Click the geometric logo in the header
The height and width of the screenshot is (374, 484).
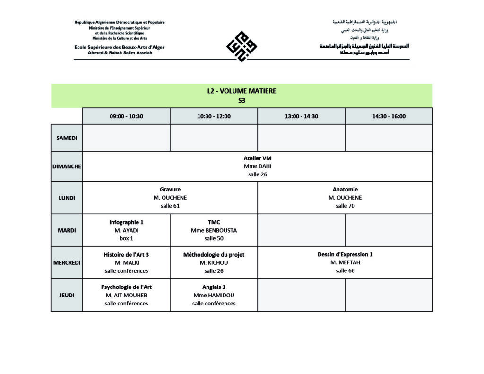[x=242, y=46]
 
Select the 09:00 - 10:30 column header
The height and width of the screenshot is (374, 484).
[x=126, y=116]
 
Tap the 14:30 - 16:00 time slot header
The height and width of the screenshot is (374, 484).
[x=389, y=116]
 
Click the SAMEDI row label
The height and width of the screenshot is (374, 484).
[x=67, y=138]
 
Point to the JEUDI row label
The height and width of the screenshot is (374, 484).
[x=67, y=295]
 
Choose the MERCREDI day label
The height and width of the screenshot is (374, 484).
[x=67, y=263]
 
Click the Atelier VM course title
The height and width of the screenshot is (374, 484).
[x=258, y=158]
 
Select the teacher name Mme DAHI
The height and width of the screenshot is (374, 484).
[x=258, y=166]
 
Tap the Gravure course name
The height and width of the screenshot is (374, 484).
[x=170, y=189]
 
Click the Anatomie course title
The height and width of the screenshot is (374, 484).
[x=345, y=189]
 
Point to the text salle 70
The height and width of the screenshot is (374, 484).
[x=345, y=206]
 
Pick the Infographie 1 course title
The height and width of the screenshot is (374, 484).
[x=126, y=222]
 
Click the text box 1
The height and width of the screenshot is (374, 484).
[x=126, y=238]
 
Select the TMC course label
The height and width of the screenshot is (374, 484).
[x=214, y=222]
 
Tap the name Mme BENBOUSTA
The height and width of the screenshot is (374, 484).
[x=214, y=230]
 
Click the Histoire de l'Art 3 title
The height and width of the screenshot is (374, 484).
[x=126, y=254]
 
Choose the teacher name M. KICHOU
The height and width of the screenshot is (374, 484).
[x=214, y=263]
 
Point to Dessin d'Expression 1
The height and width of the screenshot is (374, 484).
[x=345, y=254]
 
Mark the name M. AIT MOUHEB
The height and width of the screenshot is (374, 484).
[x=126, y=295]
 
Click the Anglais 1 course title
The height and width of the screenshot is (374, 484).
[x=214, y=287]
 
